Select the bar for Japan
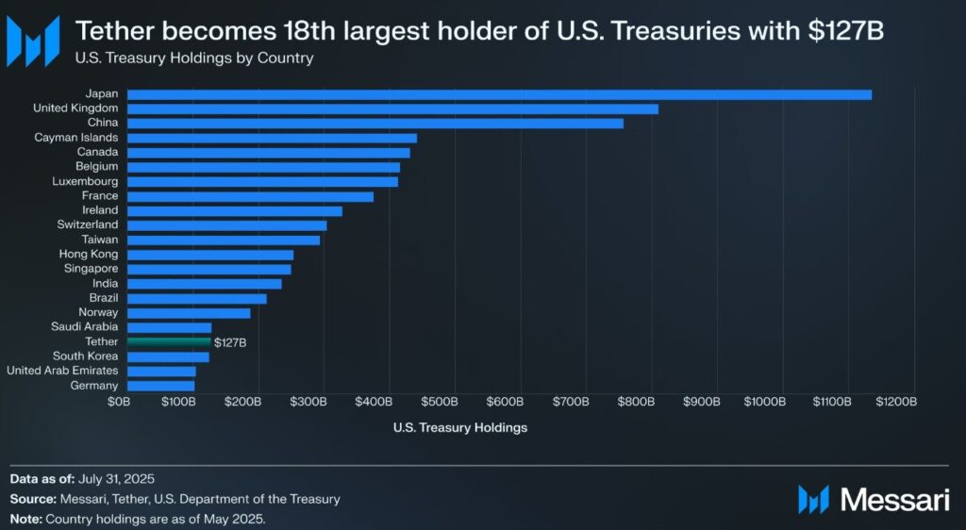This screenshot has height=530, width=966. [499, 94]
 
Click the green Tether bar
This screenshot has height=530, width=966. [169, 341]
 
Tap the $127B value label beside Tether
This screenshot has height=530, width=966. [230, 342]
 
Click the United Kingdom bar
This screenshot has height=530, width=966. [392, 108]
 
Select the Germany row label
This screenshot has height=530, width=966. [94, 385]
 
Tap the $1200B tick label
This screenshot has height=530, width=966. [895, 402]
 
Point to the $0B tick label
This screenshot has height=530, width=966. [119, 402]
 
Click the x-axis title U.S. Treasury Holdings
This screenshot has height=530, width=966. [459, 427]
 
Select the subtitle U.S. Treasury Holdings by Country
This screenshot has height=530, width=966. [194, 58]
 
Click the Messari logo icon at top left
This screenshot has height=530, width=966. [33, 39]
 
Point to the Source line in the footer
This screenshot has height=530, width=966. [175, 499]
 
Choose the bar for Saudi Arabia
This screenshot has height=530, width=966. [169, 327]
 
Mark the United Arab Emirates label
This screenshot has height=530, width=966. [62, 371]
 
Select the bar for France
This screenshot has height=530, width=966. [250, 196]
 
